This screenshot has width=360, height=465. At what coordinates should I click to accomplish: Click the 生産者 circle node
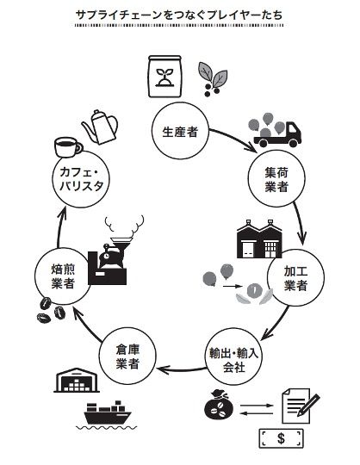coord(180,133)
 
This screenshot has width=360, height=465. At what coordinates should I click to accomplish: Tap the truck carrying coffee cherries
coord(273,131)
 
